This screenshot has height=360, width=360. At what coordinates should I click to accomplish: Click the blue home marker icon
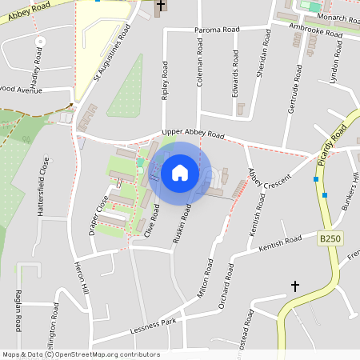click(180, 172)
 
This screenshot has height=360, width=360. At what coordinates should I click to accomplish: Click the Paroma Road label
click(217, 30)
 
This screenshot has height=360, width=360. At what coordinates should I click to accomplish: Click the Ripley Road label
click(165, 88)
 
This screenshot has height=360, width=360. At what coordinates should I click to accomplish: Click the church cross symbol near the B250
click(294, 286)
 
